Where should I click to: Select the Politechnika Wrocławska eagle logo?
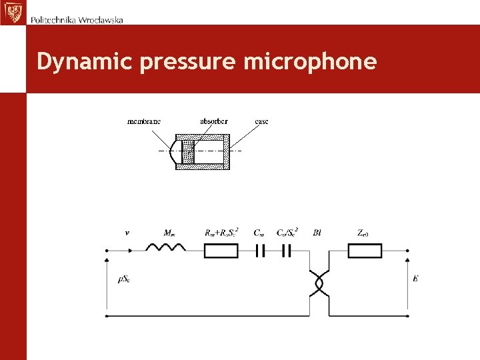(x=11, y=12)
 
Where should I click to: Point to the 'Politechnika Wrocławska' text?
(x=77, y=20)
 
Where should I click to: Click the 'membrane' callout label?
(x=144, y=121)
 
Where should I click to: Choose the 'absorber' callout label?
(x=213, y=121)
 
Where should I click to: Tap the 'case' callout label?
(x=261, y=121)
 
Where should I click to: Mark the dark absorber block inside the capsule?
(x=187, y=152)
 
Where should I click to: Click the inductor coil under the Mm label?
(x=165, y=249)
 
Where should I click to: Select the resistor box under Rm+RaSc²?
(x=221, y=251)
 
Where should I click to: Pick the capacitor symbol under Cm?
(x=260, y=251)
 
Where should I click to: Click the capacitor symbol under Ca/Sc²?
(x=286, y=251)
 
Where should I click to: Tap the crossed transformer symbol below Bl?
(x=318, y=283)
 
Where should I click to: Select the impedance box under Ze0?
(x=365, y=251)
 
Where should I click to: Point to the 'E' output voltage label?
(x=415, y=278)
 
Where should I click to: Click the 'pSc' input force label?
(x=124, y=279)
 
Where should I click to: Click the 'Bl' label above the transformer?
(x=317, y=233)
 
